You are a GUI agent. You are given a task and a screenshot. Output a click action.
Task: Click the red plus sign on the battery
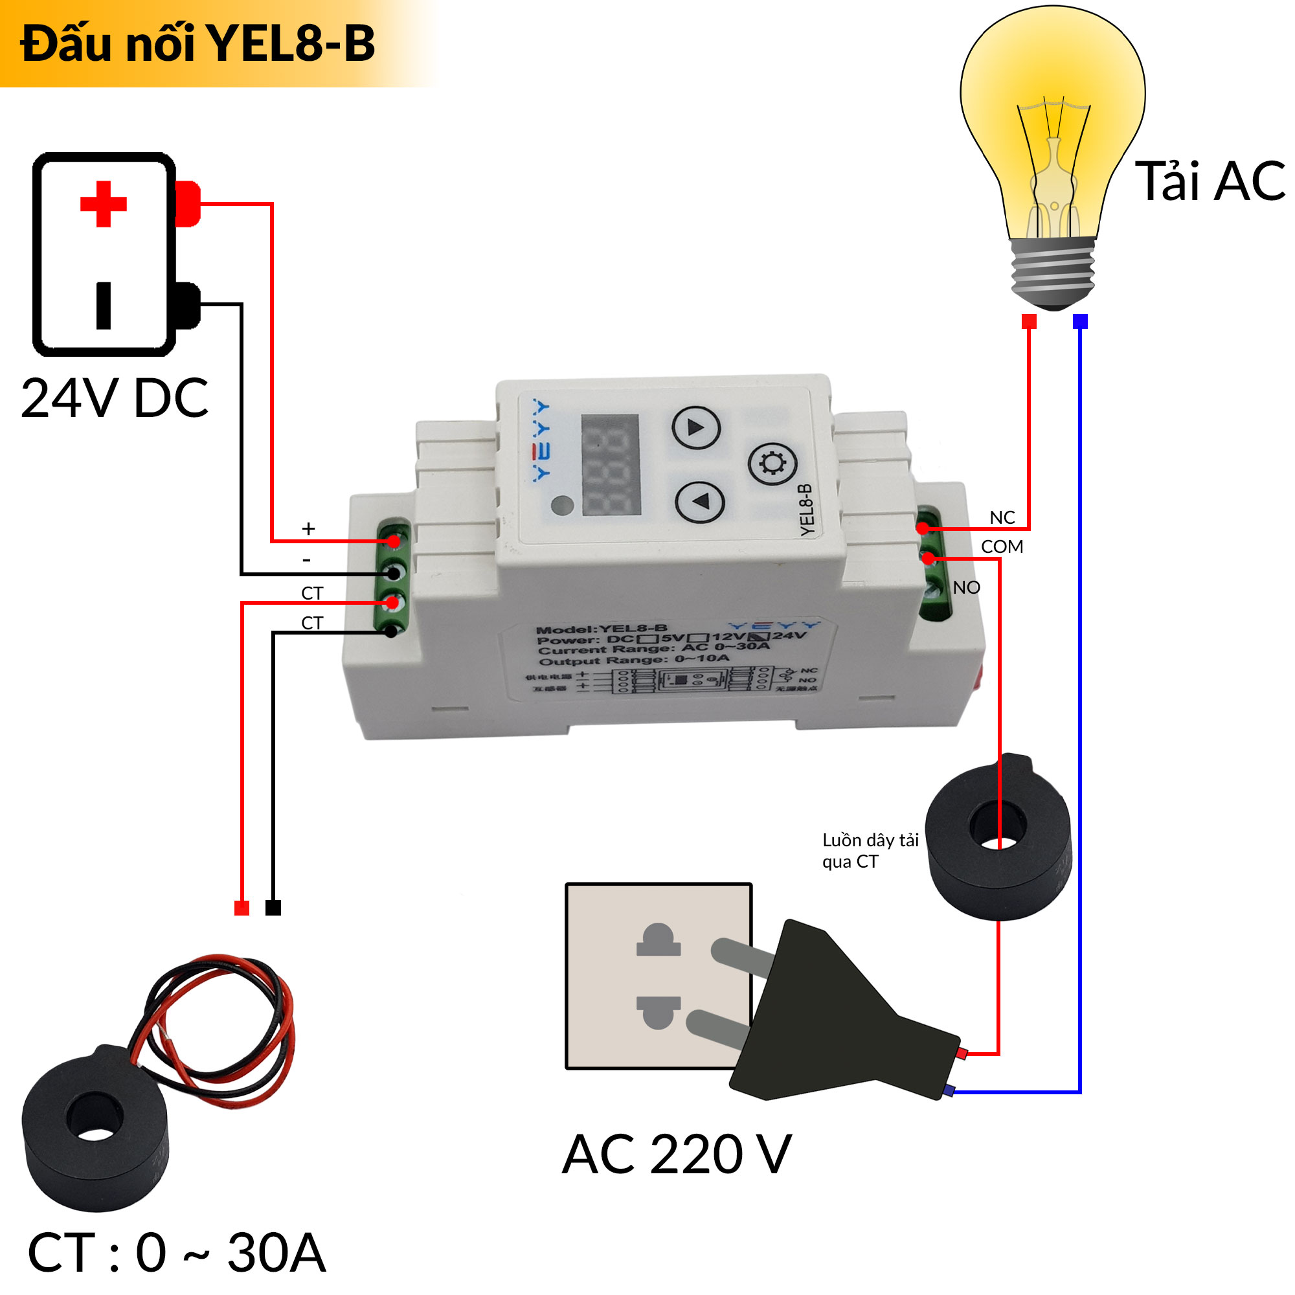[103, 204]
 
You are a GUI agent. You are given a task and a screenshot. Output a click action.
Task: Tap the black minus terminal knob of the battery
[187, 306]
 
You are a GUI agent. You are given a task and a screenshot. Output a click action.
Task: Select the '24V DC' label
[115, 398]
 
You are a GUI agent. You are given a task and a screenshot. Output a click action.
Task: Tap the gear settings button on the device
[772, 463]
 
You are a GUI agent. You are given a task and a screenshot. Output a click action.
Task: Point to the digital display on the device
[610, 464]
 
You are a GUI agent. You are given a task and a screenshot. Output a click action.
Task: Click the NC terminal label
[1002, 517]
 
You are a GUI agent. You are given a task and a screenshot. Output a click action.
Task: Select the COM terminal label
[1002, 547]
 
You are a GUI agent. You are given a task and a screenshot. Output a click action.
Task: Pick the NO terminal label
[967, 588]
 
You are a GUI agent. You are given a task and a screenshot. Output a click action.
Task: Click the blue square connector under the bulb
[1080, 322]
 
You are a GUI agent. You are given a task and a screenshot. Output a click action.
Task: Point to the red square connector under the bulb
[1029, 322]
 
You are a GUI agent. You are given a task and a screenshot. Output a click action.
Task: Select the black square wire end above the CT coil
[273, 908]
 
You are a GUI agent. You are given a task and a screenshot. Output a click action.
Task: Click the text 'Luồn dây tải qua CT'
[870, 851]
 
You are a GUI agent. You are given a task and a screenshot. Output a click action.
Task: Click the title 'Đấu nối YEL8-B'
[197, 43]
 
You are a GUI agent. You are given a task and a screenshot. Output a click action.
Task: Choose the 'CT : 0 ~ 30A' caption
[177, 1252]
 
